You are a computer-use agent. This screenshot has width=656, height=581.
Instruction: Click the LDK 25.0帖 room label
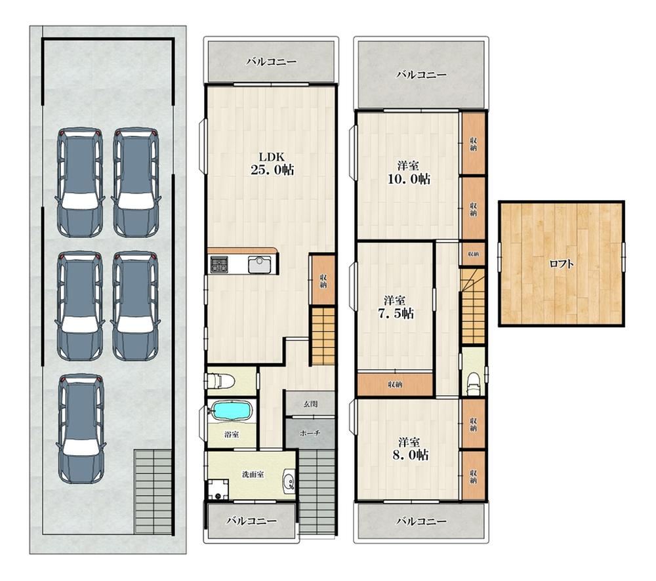[272, 163]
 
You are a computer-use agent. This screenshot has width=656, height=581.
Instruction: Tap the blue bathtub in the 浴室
[232, 410]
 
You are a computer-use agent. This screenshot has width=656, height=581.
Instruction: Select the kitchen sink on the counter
[259, 264]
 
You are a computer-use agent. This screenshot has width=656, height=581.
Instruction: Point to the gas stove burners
[218, 264]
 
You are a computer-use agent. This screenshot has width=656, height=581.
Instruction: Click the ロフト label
[561, 264]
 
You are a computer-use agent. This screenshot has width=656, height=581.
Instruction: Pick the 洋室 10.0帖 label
[409, 172]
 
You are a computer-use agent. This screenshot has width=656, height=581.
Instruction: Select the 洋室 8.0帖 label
[409, 449]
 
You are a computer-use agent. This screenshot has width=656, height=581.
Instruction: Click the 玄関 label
[310, 404]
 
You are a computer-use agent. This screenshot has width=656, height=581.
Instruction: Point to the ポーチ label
[310, 433]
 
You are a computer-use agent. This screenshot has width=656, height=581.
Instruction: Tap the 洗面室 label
[253, 474]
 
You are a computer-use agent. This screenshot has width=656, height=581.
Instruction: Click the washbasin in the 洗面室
[289, 481]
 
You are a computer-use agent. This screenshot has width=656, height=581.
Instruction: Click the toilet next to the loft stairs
[473, 383]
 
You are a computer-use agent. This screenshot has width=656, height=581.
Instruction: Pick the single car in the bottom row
[81, 428]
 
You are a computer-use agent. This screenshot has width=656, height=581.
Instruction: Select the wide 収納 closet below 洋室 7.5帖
[395, 384]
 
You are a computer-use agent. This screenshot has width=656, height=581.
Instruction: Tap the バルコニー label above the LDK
[271, 62]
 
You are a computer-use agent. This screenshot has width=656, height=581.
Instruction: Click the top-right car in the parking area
[136, 182]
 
